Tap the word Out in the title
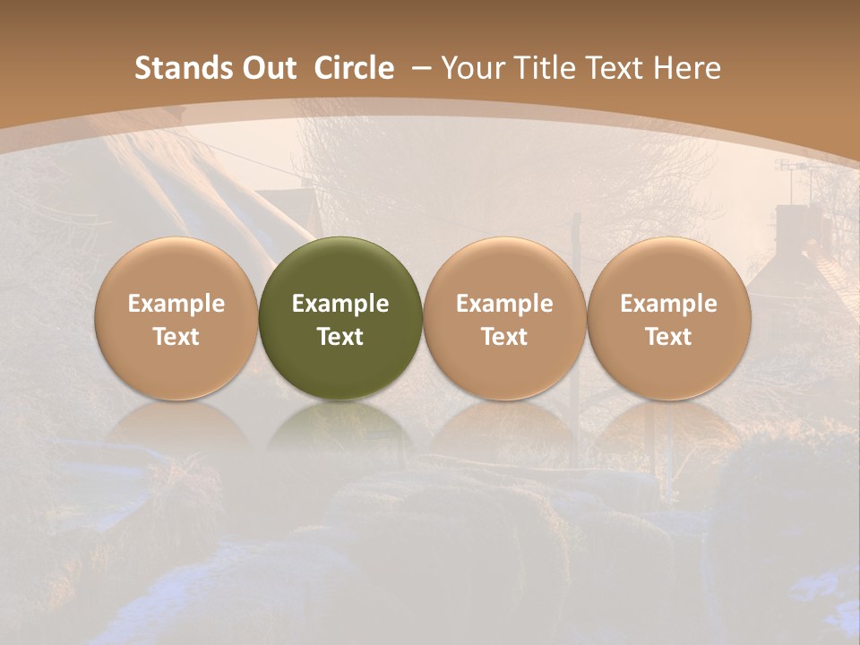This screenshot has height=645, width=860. tap(267, 68)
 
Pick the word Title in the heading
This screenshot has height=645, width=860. tap(545, 68)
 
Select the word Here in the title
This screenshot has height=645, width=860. tap(687, 68)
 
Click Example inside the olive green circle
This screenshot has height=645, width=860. tap(340, 304)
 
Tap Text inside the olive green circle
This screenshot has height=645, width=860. tap(340, 337)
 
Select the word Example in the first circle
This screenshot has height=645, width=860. tap(176, 304)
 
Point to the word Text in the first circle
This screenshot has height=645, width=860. tap(176, 337)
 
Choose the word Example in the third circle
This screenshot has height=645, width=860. tap(504, 304)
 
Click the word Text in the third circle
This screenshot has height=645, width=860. tap(504, 337)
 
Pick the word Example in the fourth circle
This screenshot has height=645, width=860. tap(668, 304)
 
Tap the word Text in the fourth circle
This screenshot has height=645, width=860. tap(668, 337)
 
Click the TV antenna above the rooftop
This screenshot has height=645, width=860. tap(794, 168)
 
